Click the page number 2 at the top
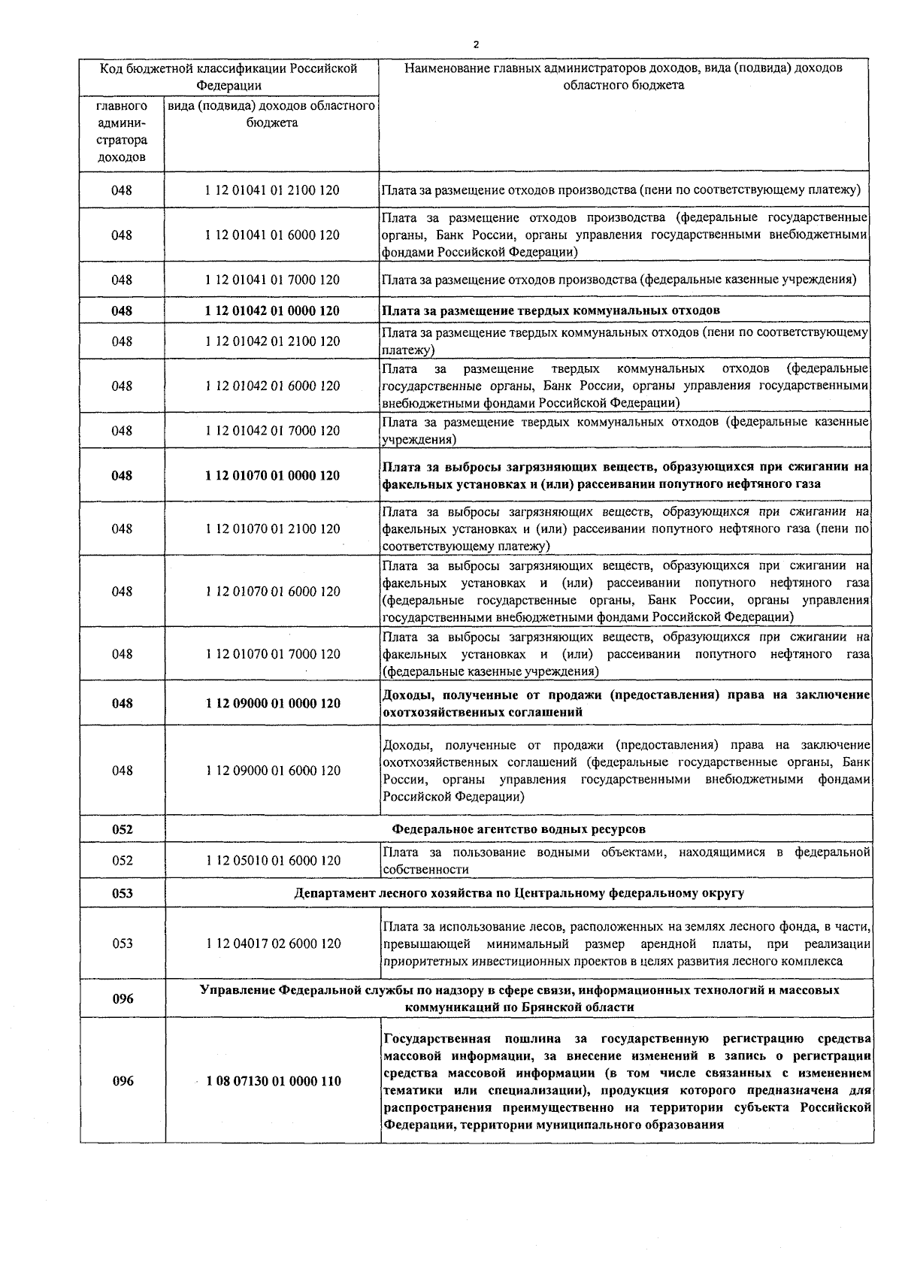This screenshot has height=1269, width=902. (475, 44)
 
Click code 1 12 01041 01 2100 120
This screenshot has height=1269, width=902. (271, 191)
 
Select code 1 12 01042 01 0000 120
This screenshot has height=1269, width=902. (271, 311)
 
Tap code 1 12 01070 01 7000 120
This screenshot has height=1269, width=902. (271, 654)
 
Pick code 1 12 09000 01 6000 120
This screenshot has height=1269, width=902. (271, 771)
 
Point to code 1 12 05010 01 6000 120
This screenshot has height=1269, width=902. (271, 861)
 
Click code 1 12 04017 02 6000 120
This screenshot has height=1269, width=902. (271, 943)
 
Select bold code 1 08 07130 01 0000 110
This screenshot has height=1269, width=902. (271, 1082)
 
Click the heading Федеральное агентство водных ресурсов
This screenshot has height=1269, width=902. (519, 829)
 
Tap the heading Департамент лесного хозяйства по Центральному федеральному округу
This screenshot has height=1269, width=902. (519, 893)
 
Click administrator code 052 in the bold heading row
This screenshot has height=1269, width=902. (122, 829)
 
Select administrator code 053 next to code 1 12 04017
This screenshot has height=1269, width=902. (122, 943)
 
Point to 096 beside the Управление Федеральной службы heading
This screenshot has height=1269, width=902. (122, 999)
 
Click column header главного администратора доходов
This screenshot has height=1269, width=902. (122, 132)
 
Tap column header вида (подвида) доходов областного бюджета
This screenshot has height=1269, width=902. (271, 114)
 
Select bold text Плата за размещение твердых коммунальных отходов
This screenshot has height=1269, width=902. (551, 311)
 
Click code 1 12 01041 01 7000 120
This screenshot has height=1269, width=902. (271, 280)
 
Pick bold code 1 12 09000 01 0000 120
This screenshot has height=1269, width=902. (271, 704)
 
